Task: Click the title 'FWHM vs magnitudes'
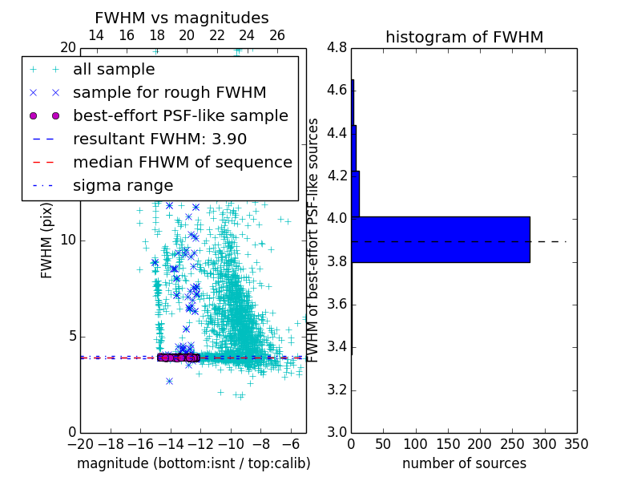tap(181, 18)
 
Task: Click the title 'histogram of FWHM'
tap(464, 37)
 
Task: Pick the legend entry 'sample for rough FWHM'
tap(169, 92)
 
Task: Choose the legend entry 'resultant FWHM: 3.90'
tap(159, 139)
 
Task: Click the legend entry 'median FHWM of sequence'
tap(182, 162)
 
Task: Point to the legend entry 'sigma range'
tap(123, 185)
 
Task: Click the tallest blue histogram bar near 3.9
tap(441, 239)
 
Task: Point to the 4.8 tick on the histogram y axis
tap(337, 47)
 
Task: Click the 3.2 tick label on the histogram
tap(337, 390)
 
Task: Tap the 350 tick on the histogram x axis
tap(576, 443)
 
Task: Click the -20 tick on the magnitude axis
tap(80, 443)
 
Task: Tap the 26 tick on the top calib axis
tap(277, 35)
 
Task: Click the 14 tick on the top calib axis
tap(95, 35)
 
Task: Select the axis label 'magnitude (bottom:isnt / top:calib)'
tap(193, 463)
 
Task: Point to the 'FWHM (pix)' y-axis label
tap(46, 240)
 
